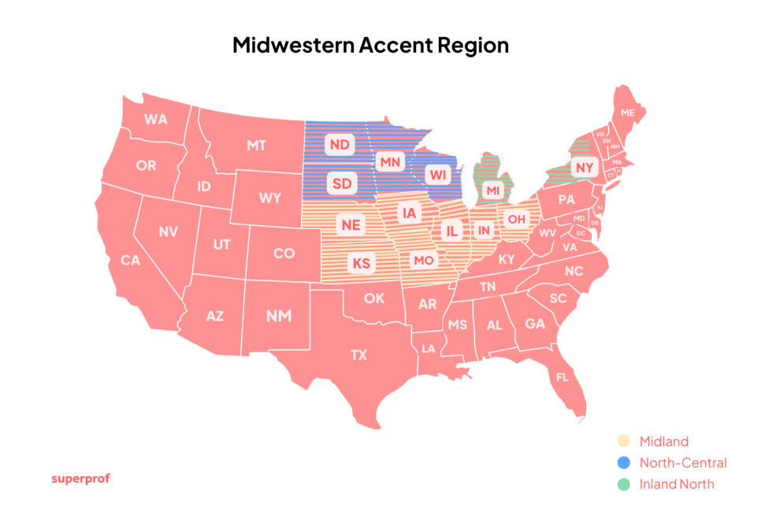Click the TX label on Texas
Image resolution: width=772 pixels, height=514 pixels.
(358, 355)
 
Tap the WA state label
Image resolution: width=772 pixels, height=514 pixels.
(155, 120)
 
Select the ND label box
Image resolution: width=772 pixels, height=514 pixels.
(340, 145)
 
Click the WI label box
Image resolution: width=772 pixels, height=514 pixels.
(436, 173)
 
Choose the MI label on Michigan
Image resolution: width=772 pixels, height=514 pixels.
(492, 190)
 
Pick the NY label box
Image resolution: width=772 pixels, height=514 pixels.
(584, 168)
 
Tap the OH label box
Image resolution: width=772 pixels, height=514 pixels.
(517, 219)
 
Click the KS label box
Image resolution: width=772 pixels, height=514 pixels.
(361, 263)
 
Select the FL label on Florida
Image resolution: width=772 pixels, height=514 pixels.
(562, 377)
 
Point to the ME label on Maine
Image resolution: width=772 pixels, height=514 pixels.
(627, 113)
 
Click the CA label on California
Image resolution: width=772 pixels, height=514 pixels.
(130, 260)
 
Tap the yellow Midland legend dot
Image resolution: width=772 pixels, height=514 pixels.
(623, 442)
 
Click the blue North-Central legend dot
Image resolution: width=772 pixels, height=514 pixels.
(623, 463)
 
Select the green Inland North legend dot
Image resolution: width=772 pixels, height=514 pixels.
(623, 484)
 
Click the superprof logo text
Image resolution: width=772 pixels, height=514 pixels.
(80, 478)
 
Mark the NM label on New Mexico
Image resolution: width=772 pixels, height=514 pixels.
(278, 316)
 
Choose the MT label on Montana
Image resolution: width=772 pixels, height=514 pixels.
(256, 145)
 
